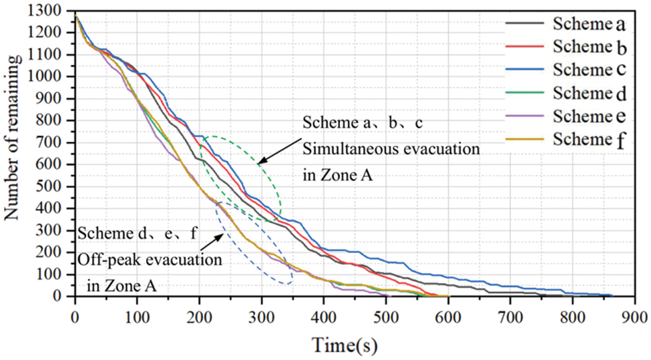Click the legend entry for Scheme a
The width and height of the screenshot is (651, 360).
click(x=588, y=25)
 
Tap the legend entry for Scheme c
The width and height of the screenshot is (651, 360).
click(x=588, y=69)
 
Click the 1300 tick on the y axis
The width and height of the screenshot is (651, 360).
click(x=52, y=11)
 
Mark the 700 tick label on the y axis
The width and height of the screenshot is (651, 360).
click(x=55, y=142)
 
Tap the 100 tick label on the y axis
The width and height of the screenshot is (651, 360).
click(x=55, y=275)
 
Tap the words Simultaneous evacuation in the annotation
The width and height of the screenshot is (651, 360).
click(x=391, y=149)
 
